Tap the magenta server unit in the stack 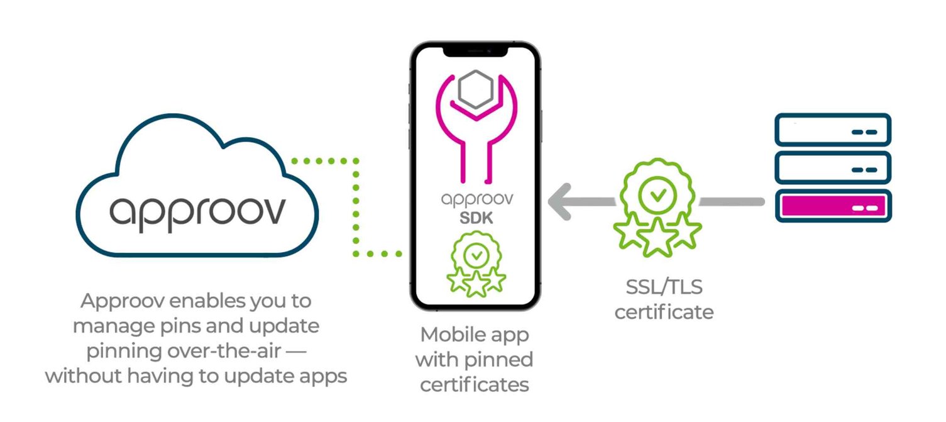[833, 205]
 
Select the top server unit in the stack [833, 130]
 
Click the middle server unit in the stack [833, 167]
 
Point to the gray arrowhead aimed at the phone [561, 202]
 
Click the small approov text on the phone [476, 201]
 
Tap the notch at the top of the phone [476, 50]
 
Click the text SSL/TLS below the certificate [664, 289]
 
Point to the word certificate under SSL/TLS [664, 312]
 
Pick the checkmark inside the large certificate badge [657, 194]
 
